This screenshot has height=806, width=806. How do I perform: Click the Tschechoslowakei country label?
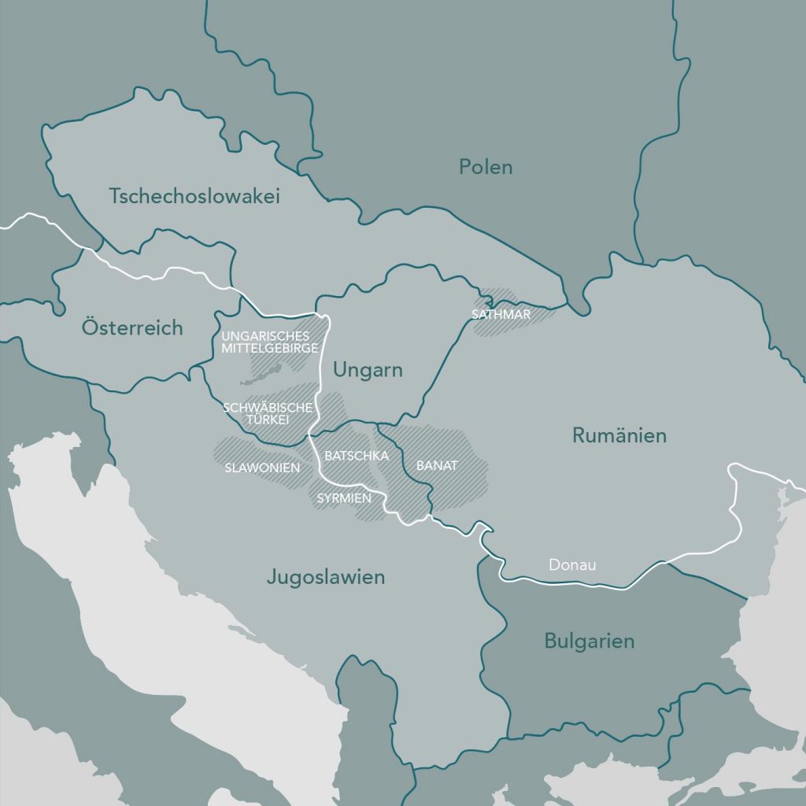pos(194,196)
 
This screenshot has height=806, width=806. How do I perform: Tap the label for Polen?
pos(486,167)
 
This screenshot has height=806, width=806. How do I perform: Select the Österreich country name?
pos(132,327)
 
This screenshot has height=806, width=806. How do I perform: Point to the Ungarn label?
pos(368,370)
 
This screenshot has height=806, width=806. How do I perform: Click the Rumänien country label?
pos(619,435)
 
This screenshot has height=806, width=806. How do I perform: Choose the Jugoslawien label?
pos(325,577)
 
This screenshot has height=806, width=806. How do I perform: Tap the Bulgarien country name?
pos(589,641)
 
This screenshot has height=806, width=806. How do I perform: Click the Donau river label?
pos(572,565)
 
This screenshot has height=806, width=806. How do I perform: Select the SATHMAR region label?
pos(501,314)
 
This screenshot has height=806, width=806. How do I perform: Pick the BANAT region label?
pos(437,466)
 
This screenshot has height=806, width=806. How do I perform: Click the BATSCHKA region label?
pos(352,456)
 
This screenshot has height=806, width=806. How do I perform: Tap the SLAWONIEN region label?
pos(262,468)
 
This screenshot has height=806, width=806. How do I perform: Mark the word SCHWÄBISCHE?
pos(268,408)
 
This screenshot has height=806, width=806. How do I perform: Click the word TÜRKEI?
pos(268,420)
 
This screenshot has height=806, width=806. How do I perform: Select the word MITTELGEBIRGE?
pos(269,347)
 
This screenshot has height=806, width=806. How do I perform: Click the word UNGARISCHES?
pos(265,336)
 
